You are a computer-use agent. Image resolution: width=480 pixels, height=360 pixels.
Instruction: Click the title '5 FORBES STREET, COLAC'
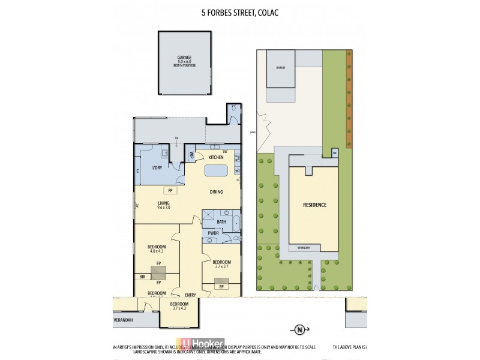pyautogui.click(x=239, y=10)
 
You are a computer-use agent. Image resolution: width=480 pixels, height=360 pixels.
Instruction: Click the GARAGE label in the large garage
pyautogui.click(x=184, y=58)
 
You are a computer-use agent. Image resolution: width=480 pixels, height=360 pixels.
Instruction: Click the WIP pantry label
pyautogui.click(x=191, y=154)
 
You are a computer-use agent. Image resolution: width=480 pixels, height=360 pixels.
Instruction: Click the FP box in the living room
pyautogui.click(x=170, y=191)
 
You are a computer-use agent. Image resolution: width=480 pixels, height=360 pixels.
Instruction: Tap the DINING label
pyautogui.click(x=216, y=192)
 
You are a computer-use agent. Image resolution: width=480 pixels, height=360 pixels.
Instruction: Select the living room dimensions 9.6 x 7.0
pyautogui.click(x=164, y=208)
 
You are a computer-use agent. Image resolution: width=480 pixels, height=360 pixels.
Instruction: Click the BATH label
pyautogui.click(x=213, y=222)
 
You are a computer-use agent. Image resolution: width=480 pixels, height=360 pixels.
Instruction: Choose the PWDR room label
pyautogui.click(x=213, y=233)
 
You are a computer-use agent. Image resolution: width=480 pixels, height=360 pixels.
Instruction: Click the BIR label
pyautogui.click(x=142, y=277)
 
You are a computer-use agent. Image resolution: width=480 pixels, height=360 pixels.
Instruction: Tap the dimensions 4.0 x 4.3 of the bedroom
pyautogui.click(x=157, y=252)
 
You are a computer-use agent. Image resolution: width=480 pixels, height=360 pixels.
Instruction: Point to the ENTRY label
pyautogui.click(x=191, y=295)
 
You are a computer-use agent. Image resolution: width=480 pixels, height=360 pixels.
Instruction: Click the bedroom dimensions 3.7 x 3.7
pyautogui.click(x=221, y=267)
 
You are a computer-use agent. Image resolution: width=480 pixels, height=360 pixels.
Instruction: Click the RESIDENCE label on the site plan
pyautogui.click(x=315, y=205)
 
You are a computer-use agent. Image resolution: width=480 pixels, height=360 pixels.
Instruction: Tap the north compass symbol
pyautogui.click(x=298, y=328)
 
